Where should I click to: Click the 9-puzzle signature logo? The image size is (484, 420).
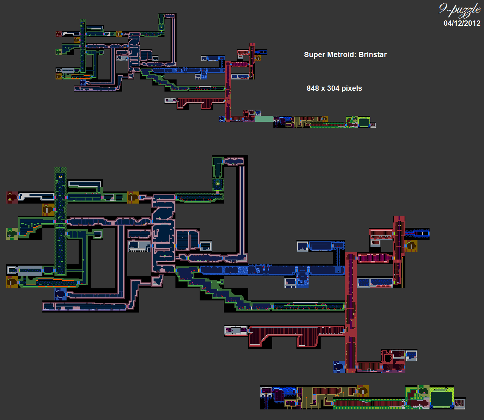[x=459, y=10]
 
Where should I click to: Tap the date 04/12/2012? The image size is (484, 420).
[x=462, y=23]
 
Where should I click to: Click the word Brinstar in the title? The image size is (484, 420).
[x=372, y=54]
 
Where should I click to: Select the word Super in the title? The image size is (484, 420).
[x=314, y=54]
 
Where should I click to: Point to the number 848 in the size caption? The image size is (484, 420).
[x=313, y=88]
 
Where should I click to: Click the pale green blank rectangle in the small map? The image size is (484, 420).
[x=264, y=119]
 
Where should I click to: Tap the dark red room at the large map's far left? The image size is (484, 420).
[x=12, y=197]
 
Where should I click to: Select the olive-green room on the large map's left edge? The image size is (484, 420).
[x=12, y=234]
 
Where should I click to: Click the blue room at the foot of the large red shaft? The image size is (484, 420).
[x=338, y=367]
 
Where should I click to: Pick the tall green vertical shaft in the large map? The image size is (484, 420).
[x=60, y=223]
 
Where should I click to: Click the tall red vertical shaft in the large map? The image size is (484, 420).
[x=351, y=310]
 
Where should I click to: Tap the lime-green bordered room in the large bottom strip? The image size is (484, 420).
[x=441, y=398]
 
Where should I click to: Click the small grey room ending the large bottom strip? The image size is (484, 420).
[x=459, y=403]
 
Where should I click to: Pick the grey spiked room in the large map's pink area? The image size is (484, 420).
[x=139, y=246]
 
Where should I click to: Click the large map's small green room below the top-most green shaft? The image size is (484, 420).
[x=218, y=184]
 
